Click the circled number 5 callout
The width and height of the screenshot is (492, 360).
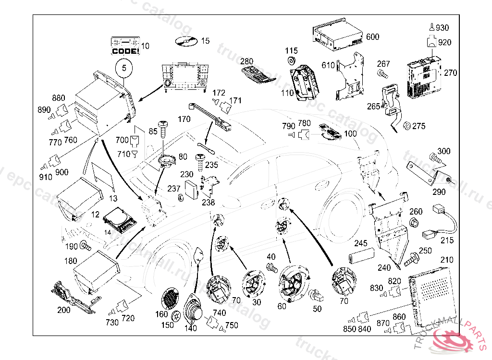(x=124, y=68)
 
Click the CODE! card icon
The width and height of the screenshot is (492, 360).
(x=125, y=45)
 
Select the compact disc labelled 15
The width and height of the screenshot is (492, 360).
(x=184, y=42)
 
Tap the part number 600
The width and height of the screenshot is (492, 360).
(x=372, y=37)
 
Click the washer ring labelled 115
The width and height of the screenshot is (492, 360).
(x=291, y=60)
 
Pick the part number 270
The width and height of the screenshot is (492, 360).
(x=450, y=73)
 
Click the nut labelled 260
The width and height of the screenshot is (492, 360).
(x=414, y=222)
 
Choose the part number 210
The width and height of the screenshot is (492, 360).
(x=447, y=260)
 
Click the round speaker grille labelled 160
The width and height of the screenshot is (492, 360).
(x=171, y=299)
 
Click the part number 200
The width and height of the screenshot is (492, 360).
(x=64, y=310)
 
